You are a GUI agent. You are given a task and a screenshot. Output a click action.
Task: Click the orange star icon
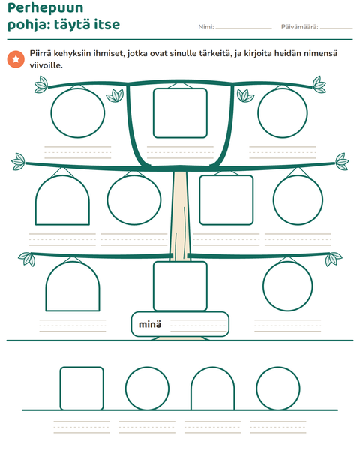point(16,59)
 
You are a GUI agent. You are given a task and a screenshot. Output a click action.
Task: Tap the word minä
point(150,324)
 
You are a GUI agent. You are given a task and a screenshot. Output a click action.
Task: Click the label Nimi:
point(206,27)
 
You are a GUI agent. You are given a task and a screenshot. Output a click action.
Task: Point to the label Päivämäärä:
point(299,27)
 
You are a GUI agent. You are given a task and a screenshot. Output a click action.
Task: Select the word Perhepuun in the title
point(45,8)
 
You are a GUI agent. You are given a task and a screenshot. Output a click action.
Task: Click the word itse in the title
point(107,24)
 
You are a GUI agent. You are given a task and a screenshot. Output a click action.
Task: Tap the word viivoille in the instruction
point(46,65)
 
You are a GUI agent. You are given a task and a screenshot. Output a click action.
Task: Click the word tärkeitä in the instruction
point(215,54)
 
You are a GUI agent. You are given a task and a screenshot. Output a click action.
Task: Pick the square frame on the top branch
point(180,88)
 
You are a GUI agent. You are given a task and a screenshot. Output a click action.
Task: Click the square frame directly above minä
point(180,262)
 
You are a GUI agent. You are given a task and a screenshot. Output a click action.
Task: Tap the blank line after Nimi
point(244,28)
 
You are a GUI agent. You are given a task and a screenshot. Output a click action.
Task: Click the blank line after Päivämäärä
point(337,28)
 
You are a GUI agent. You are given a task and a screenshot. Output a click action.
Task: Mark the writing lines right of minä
point(199,325)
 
